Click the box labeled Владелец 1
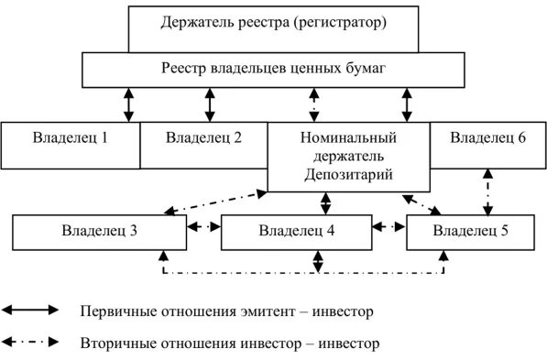70,139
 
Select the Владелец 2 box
203,139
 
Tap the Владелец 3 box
97,230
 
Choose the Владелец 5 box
469,230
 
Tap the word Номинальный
348,138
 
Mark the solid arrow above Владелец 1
128,104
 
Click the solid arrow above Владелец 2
211,104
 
